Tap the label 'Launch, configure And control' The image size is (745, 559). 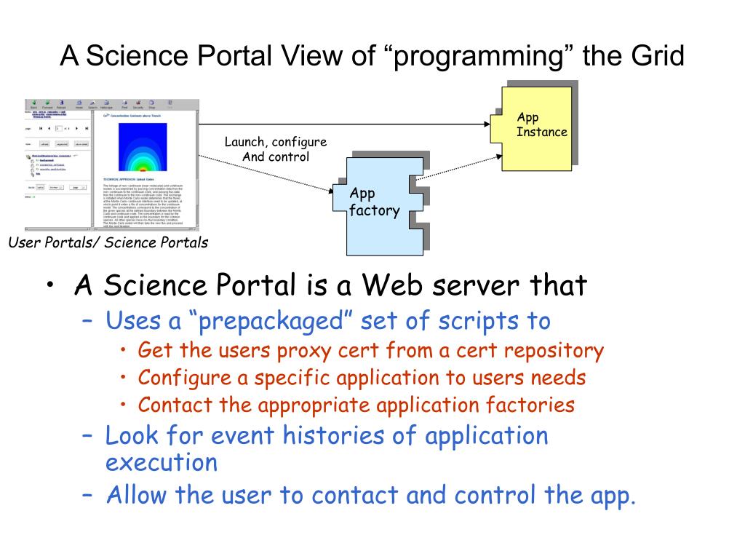(x=276, y=149)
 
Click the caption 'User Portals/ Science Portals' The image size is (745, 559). (x=108, y=243)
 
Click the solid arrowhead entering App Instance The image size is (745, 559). (x=487, y=124)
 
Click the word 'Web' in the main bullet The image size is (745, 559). (x=394, y=285)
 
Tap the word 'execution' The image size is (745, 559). (x=161, y=463)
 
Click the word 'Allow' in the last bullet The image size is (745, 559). (x=138, y=495)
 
